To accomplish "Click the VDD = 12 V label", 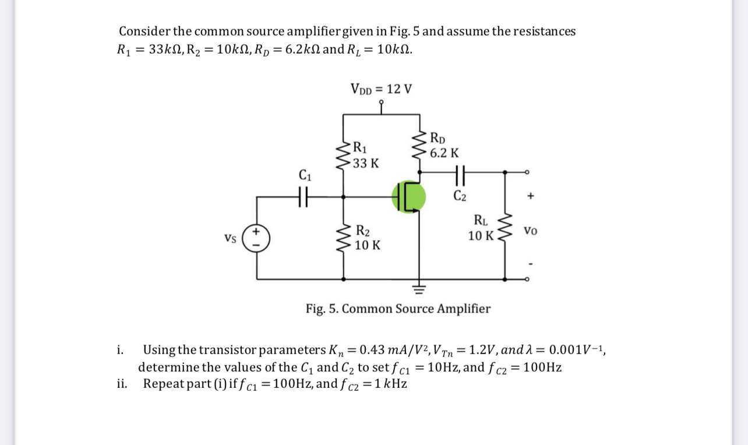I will (381, 89).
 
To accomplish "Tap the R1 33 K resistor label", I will (366, 155).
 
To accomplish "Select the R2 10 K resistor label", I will (368, 238).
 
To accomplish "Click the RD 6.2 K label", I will (443, 146).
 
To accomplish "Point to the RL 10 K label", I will (481, 228).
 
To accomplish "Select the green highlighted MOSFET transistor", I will (409, 197).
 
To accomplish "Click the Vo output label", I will (530, 231).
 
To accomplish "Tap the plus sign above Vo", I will (530, 197).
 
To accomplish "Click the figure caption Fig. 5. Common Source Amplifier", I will (398, 308).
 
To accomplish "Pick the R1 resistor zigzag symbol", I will (343, 155).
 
